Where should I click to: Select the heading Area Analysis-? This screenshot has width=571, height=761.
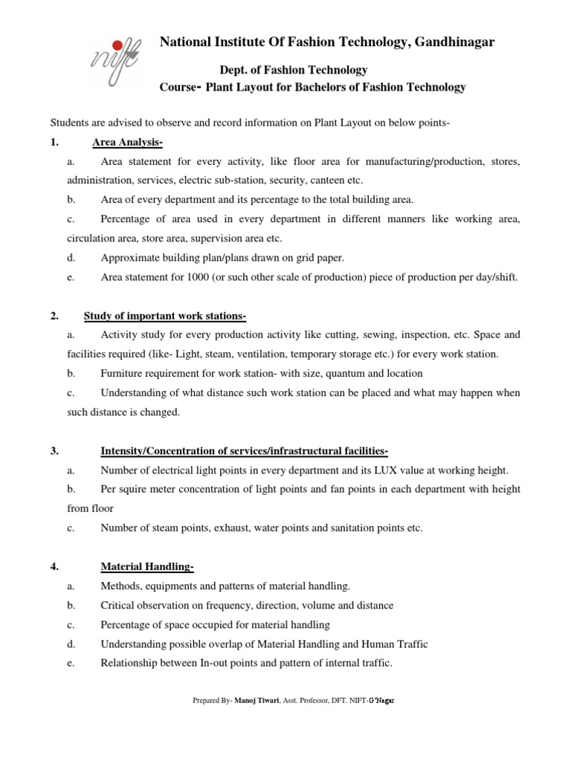point(128,142)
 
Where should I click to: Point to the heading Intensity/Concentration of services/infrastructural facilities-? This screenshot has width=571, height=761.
point(244,451)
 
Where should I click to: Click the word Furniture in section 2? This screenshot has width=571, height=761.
point(122,373)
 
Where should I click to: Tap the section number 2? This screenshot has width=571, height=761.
point(54,316)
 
